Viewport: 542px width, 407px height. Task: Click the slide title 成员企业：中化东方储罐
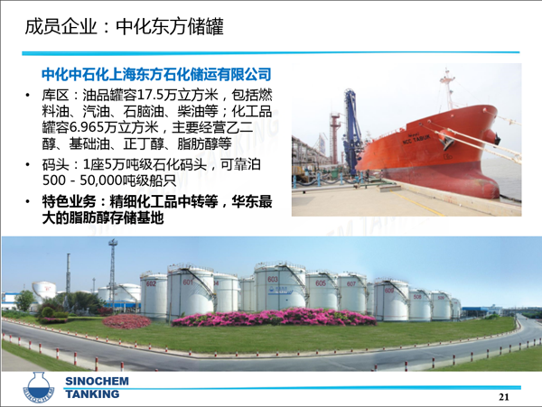click(x=124, y=26)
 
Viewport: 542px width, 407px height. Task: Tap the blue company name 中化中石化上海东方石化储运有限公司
click(x=156, y=74)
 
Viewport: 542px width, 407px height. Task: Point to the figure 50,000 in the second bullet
click(x=101, y=180)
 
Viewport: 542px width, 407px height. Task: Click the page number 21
click(x=504, y=397)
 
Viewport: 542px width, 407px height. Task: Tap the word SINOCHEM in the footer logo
click(x=98, y=381)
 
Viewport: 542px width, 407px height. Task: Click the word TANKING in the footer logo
click(x=92, y=393)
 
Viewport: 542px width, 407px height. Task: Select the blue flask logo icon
click(x=39, y=387)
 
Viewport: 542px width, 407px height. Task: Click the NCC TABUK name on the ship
click(x=416, y=140)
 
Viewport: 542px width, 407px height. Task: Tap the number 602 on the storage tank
click(x=151, y=283)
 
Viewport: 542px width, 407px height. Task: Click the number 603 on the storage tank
click(x=273, y=279)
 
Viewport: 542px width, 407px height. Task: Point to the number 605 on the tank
click(x=321, y=283)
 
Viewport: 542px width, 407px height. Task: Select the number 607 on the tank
click(x=351, y=283)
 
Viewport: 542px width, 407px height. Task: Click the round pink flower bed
click(x=126, y=321)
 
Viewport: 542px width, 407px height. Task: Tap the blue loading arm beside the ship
click(x=352, y=131)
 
